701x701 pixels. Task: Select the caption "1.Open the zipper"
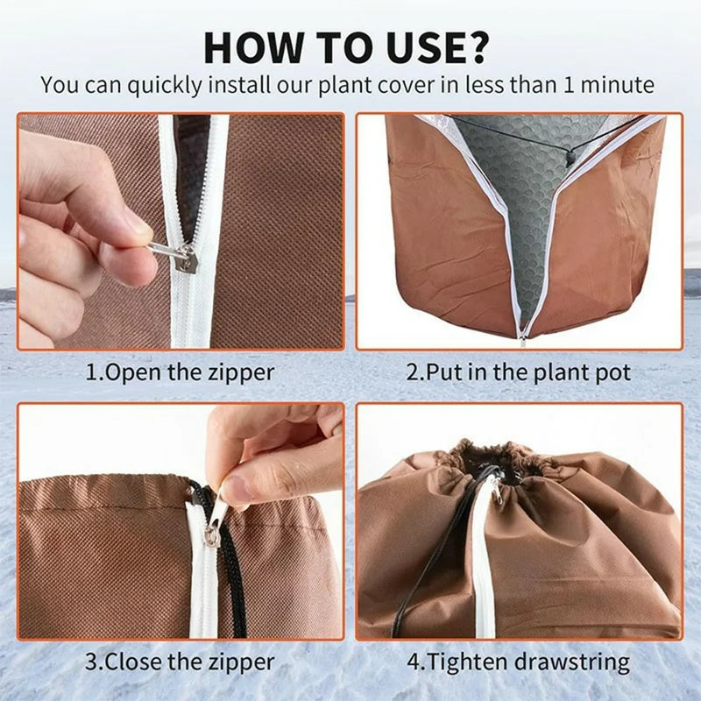point(180,372)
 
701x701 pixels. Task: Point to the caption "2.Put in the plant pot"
point(519,372)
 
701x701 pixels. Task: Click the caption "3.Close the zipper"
point(180,662)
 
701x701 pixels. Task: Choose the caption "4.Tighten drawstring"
point(519,662)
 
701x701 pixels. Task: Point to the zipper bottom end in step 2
point(523,336)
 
